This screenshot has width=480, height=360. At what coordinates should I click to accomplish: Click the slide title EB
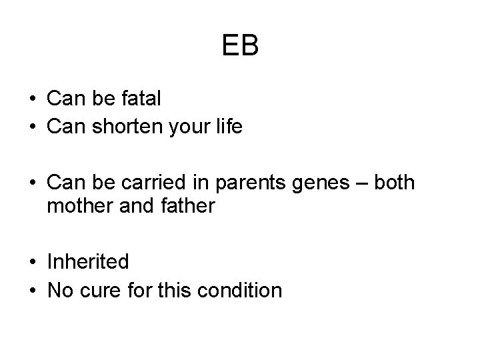[240, 46]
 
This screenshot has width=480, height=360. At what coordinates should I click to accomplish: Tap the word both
[394, 181]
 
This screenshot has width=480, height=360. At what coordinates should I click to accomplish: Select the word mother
[78, 206]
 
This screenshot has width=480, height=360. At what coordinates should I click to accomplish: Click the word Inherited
[88, 262]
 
